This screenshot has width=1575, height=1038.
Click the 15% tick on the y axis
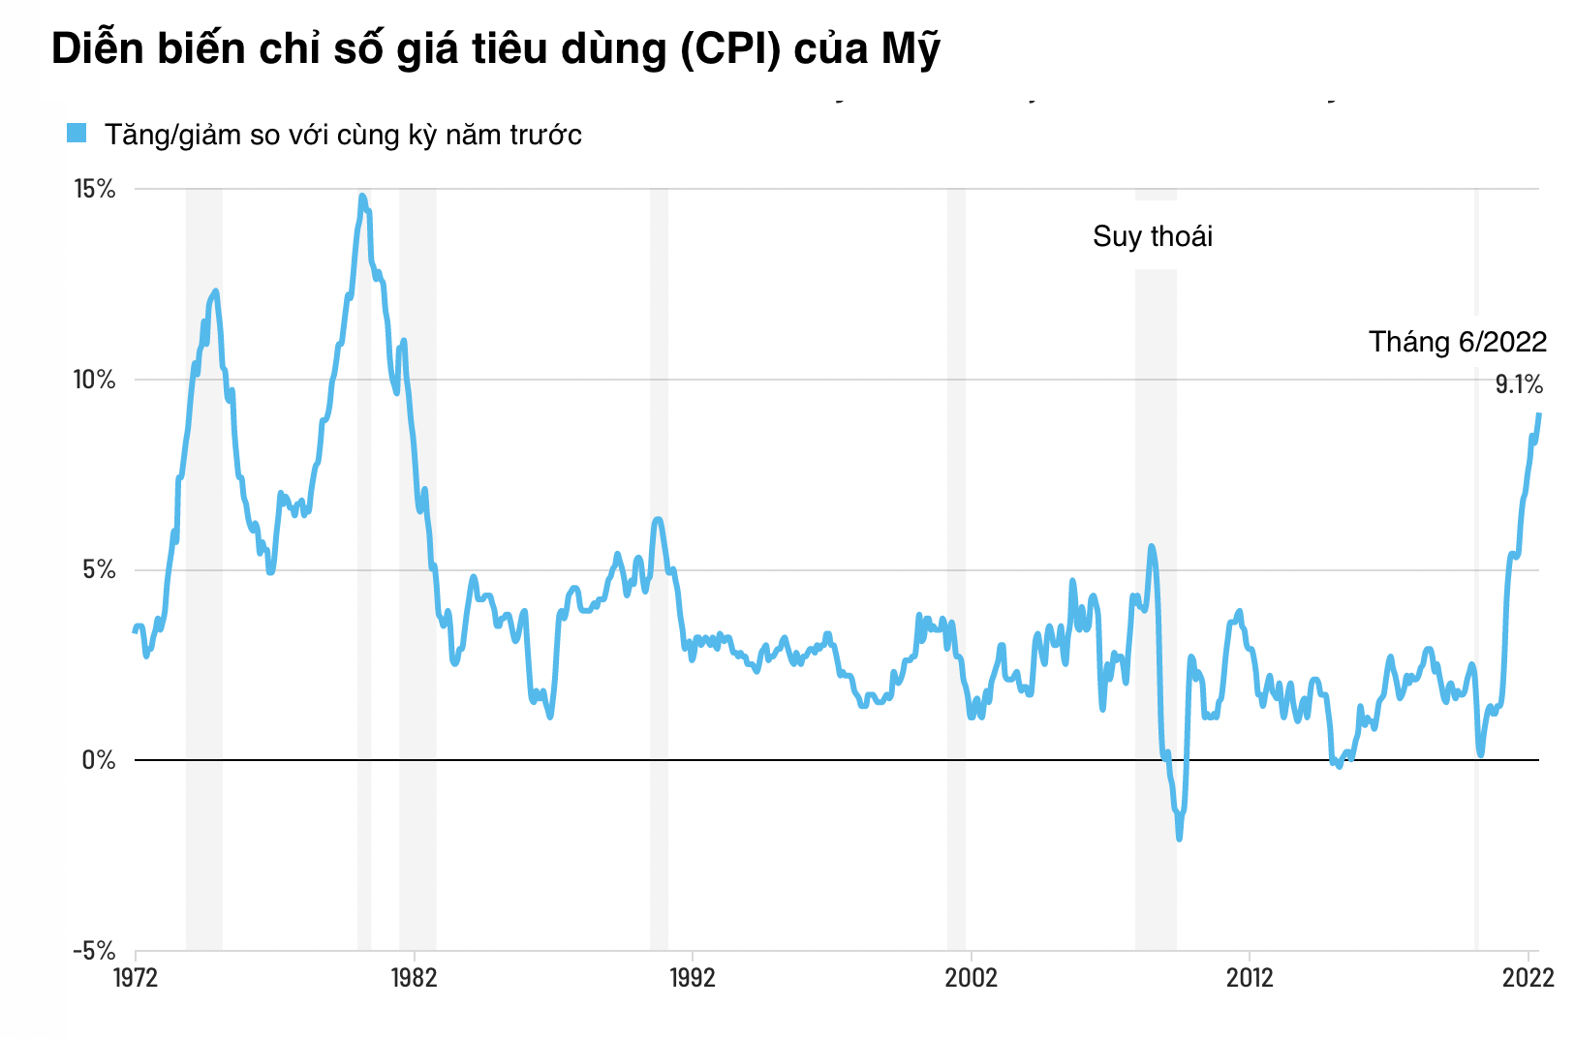coord(95,189)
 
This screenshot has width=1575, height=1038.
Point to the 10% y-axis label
coord(95,380)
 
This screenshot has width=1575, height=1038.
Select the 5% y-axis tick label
coord(97,569)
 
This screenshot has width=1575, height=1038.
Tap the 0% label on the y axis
coord(99,760)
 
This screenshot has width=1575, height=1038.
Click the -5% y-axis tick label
coord(94,950)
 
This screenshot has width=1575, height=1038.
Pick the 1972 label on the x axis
coord(136,977)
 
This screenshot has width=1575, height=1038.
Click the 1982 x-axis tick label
coord(414,977)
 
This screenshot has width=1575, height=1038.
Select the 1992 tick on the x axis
coord(693,977)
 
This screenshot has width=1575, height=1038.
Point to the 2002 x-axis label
coord(971,977)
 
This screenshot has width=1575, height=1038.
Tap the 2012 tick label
coord(1250,977)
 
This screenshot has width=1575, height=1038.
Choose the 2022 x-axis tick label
coord(1528,977)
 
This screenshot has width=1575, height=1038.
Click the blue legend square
coord(77,133)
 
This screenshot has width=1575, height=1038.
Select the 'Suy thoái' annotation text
coord(1153,236)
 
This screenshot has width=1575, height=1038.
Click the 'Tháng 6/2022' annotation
coord(1457,342)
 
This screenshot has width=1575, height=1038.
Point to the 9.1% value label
coord(1519,384)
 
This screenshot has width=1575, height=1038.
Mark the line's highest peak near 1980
coord(362,196)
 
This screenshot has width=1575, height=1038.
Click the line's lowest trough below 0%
coord(1179,839)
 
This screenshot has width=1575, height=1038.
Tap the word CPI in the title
coord(729,48)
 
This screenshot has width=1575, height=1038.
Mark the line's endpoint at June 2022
coord(1539,414)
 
